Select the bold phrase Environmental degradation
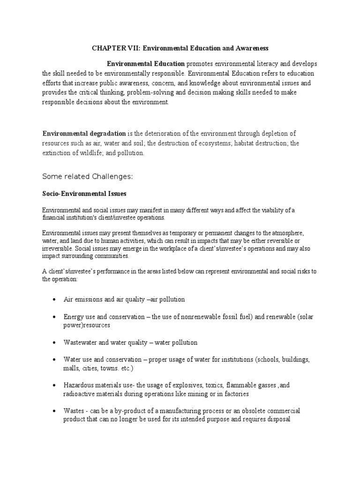(84, 134)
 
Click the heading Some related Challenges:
(88, 176)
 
